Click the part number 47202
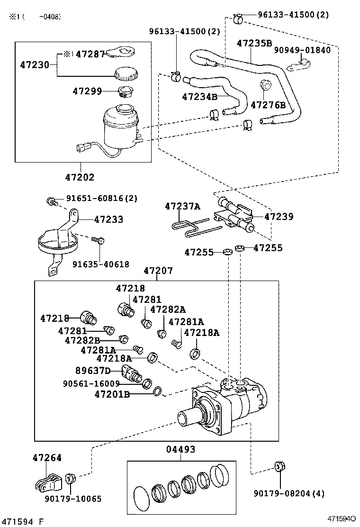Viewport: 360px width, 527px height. click(80, 177)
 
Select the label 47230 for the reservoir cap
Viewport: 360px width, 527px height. click(35, 64)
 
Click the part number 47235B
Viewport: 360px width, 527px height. click(254, 43)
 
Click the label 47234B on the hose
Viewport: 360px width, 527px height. click(199, 97)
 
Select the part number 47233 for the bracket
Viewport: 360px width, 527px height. click(108, 219)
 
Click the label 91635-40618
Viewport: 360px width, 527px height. click(100, 264)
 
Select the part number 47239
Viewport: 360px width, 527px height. click(279, 217)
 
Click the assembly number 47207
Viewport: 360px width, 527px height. click(158, 271)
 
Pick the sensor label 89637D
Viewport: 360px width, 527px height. click(93, 370)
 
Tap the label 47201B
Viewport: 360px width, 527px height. click(112, 393)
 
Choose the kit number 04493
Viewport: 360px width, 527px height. click(180, 449)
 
